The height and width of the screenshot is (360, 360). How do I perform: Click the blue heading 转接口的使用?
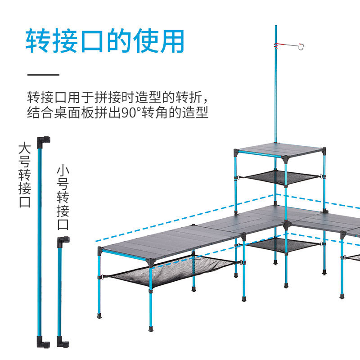click(x=105, y=41)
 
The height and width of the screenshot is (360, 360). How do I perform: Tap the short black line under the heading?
click(x=43, y=74)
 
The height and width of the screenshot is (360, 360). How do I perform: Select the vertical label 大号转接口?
click(x=25, y=175)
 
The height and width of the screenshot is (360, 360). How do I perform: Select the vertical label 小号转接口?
click(x=63, y=198)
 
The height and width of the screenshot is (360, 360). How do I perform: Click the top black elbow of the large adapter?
click(x=44, y=140)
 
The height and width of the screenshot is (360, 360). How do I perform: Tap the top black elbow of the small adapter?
click(x=63, y=241)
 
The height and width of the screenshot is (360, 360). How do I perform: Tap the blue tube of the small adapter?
click(x=59, y=292)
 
